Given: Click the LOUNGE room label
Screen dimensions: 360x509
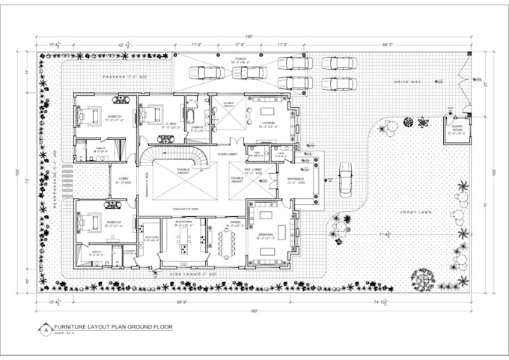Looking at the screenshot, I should tap(268, 122).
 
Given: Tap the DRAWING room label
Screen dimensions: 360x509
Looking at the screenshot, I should tap(266, 234).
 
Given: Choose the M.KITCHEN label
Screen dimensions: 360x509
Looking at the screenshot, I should tap(185, 222).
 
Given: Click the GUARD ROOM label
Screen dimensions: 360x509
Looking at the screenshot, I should tap(454, 132).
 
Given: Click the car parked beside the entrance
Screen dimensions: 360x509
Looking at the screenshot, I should tap(345, 178).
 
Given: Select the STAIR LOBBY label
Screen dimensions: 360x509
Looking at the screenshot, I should tap(228, 154).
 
